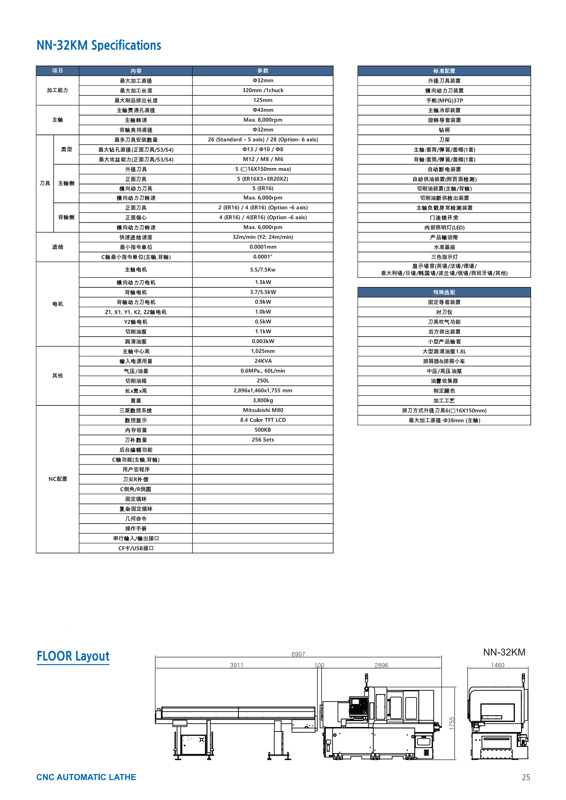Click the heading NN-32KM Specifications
coord(99,45)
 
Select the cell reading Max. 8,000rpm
coord(263,120)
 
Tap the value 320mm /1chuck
coord(263,90)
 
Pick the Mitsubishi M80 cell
coord(263,410)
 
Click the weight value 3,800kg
coord(263,400)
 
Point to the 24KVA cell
coord(263,361)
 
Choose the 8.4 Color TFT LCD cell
coord(263,420)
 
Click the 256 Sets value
coord(263,440)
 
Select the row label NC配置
coord(58,479)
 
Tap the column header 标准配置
coord(444,71)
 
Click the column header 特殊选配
coord(444,292)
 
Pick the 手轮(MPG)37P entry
coord(444,100)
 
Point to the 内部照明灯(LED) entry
coord(444,228)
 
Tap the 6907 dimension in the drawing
coord(298,654)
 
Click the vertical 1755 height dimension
coord(452,724)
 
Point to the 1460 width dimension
coord(497,665)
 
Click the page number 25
coord(526,777)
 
